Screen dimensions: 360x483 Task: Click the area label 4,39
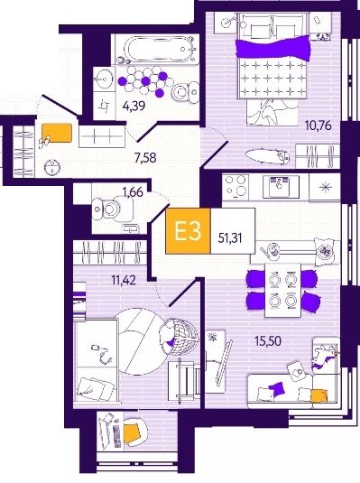point(134,107)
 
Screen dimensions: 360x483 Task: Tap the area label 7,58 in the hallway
point(145,158)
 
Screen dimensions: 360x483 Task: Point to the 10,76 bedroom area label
point(318,125)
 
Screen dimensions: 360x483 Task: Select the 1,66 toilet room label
point(133,192)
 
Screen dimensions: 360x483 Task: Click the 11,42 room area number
point(124,280)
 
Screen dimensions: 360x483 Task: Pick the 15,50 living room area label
point(268,341)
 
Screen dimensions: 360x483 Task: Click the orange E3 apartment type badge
point(189,231)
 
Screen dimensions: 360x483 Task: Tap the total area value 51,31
point(230,238)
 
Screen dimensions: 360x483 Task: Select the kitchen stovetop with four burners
point(236,186)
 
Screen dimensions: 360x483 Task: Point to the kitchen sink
point(281,186)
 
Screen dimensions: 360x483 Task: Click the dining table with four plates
point(283,290)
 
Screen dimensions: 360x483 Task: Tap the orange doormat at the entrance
point(57,133)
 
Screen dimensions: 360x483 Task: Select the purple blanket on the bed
point(272,49)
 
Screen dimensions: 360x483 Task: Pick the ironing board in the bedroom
point(268,156)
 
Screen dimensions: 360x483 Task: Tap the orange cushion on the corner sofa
point(319,396)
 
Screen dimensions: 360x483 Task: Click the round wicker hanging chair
point(180,335)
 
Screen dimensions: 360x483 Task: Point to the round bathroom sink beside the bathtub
point(105,79)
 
